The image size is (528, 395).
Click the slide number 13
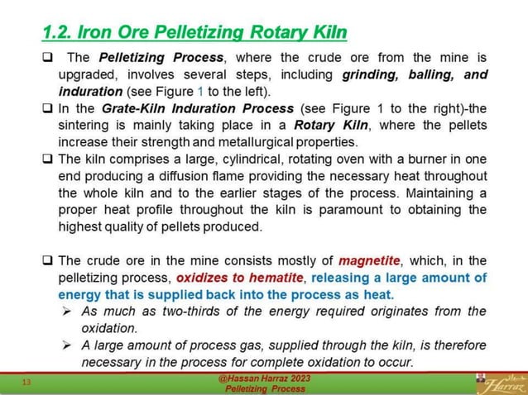click(x=26, y=382)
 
